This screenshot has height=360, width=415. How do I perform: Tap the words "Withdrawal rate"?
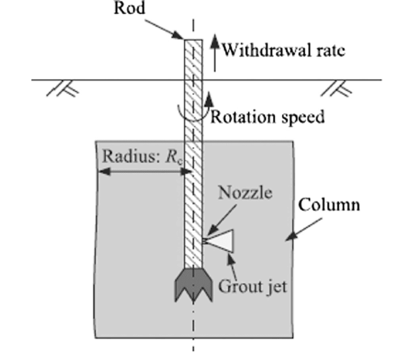pos(284,51)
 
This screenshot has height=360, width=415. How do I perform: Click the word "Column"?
pos(329,206)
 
